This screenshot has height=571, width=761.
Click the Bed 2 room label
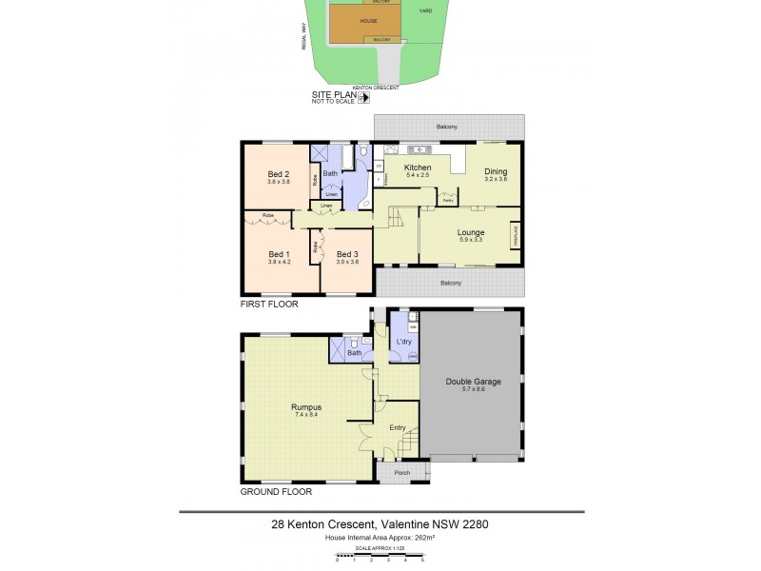point(279,173)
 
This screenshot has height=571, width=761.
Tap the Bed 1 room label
point(279,254)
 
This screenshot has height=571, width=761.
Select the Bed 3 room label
point(348,254)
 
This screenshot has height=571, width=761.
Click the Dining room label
point(496,171)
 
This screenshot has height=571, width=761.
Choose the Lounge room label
point(471,232)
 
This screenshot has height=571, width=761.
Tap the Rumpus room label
point(305,407)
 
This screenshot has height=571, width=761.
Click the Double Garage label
point(473,382)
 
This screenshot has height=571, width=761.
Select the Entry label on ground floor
point(398,427)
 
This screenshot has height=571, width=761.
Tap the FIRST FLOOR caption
point(269,305)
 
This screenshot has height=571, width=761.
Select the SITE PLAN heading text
point(333,95)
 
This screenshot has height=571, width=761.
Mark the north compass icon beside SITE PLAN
point(362,97)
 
